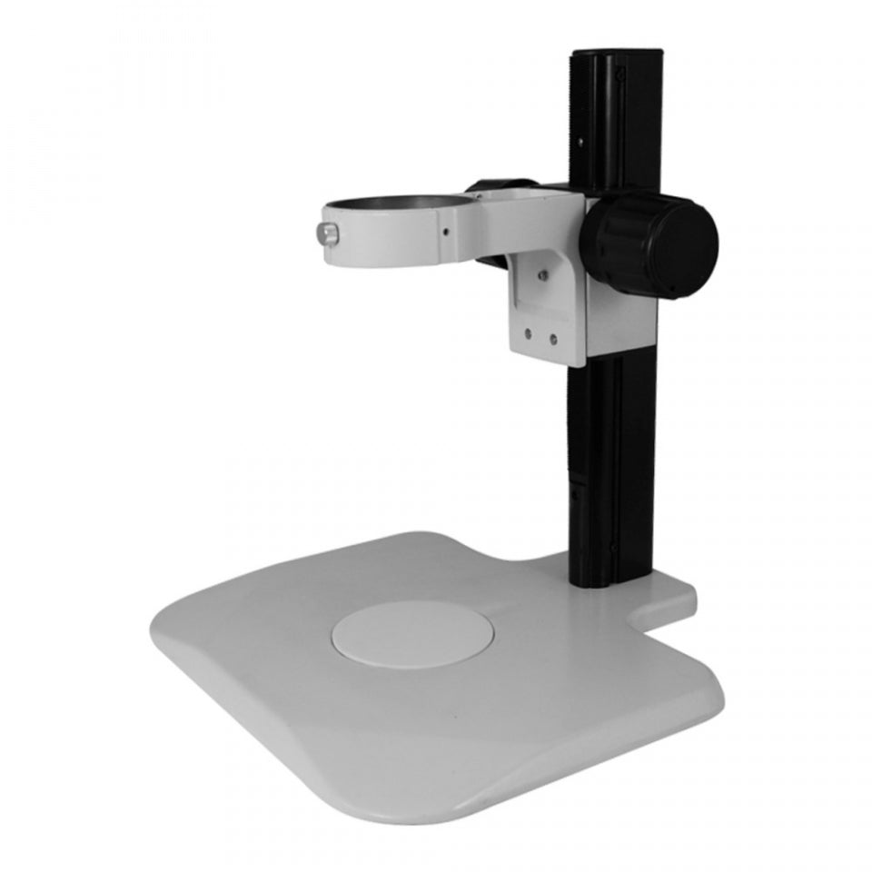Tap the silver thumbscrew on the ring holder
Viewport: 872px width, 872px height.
[328, 235]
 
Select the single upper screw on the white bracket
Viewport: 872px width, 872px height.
[542, 272]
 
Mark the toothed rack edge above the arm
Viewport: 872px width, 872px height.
[574, 118]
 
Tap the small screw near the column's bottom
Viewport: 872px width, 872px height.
[615, 546]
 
